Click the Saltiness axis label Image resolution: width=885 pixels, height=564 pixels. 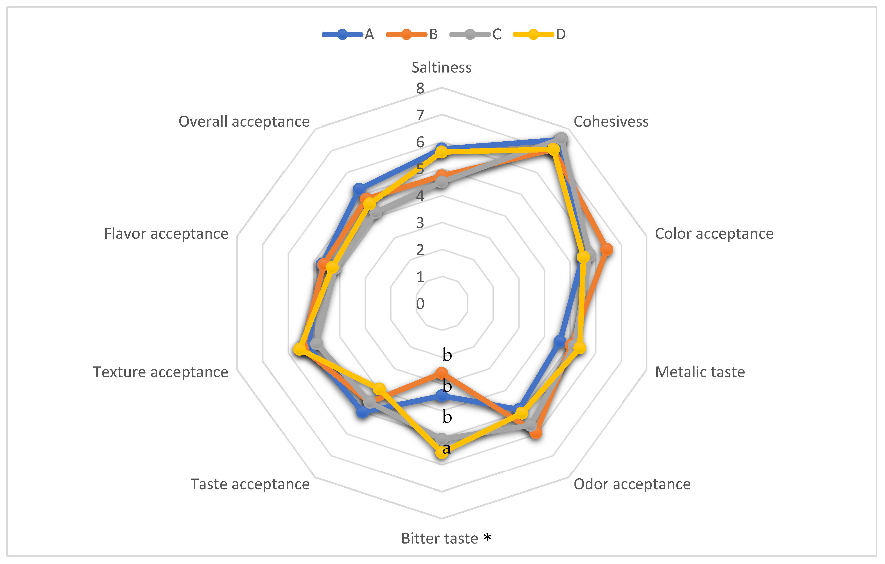[x=441, y=68]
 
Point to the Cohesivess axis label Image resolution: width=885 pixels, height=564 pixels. [x=611, y=122]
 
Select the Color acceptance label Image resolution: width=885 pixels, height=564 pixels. [x=714, y=234]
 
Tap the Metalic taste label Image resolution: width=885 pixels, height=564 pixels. [x=700, y=372]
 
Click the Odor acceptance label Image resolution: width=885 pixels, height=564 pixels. [x=632, y=484]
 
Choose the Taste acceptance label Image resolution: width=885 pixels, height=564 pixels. [x=250, y=484]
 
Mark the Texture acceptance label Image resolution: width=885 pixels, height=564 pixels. [x=160, y=372]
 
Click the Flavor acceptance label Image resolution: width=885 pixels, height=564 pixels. [x=166, y=234]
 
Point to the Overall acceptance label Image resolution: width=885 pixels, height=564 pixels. [x=244, y=122]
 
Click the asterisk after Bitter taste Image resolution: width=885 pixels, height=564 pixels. [x=487, y=538]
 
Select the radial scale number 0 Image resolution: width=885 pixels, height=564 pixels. [x=420, y=304]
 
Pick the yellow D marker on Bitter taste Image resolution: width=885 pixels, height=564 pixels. [x=442, y=452]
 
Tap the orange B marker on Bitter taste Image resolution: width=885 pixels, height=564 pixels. [x=442, y=373]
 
